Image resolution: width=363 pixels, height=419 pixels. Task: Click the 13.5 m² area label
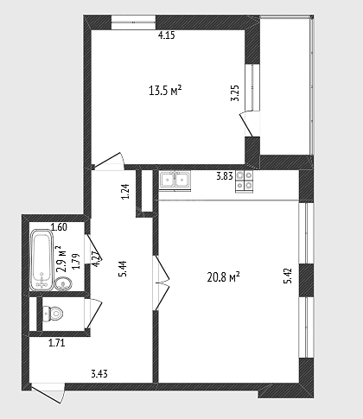coord(165,91)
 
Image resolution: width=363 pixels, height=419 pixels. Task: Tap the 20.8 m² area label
coord(224,277)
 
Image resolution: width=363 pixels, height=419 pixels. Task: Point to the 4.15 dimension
coord(167,35)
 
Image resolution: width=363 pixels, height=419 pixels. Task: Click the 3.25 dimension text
coord(235,92)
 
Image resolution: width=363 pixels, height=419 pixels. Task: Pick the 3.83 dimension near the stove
coord(225,176)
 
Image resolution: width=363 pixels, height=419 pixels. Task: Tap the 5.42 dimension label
coord(288,276)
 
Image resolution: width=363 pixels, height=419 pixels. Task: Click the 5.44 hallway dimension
coord(123,269)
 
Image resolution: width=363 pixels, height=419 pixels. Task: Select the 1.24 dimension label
coord(125,192)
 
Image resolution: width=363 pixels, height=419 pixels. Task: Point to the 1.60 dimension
coord(59,227)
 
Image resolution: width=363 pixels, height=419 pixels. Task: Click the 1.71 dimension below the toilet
coord(57,343)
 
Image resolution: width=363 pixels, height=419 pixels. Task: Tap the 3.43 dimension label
coord(99,374)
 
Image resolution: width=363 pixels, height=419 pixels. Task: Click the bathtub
coord(41,260)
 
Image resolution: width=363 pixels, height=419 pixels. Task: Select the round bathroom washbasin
coord(63,284)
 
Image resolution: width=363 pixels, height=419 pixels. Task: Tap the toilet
coord(53,313)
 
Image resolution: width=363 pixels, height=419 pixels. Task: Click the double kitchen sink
coord(175,181)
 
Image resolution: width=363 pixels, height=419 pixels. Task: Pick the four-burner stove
coord(245,181)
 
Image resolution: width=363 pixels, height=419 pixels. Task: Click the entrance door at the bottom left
coord(48,393)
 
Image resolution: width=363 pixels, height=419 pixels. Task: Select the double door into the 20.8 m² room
coord(162,283)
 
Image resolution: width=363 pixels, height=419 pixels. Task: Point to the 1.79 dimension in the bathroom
coord(76,262)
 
